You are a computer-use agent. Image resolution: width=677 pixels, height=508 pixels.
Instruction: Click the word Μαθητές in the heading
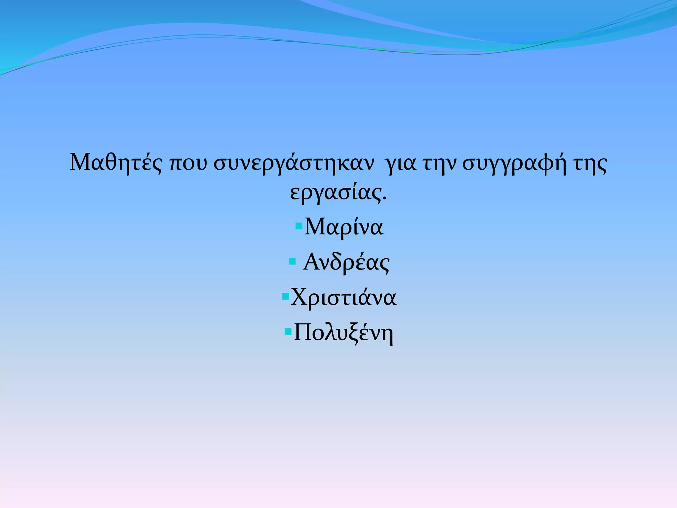coord(116,163)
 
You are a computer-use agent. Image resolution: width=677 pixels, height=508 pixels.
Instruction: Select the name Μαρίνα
coord(344,228)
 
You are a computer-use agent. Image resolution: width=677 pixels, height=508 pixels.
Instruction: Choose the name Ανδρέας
coord(346,263)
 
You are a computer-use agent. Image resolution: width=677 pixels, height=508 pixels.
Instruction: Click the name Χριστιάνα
coord(343,297)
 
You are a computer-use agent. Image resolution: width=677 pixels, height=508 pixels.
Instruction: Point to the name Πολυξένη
coord(343,333)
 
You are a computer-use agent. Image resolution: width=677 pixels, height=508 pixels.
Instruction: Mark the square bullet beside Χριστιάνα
coord(286,296)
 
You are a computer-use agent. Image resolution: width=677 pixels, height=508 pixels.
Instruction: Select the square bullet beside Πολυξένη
coord(288,331)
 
